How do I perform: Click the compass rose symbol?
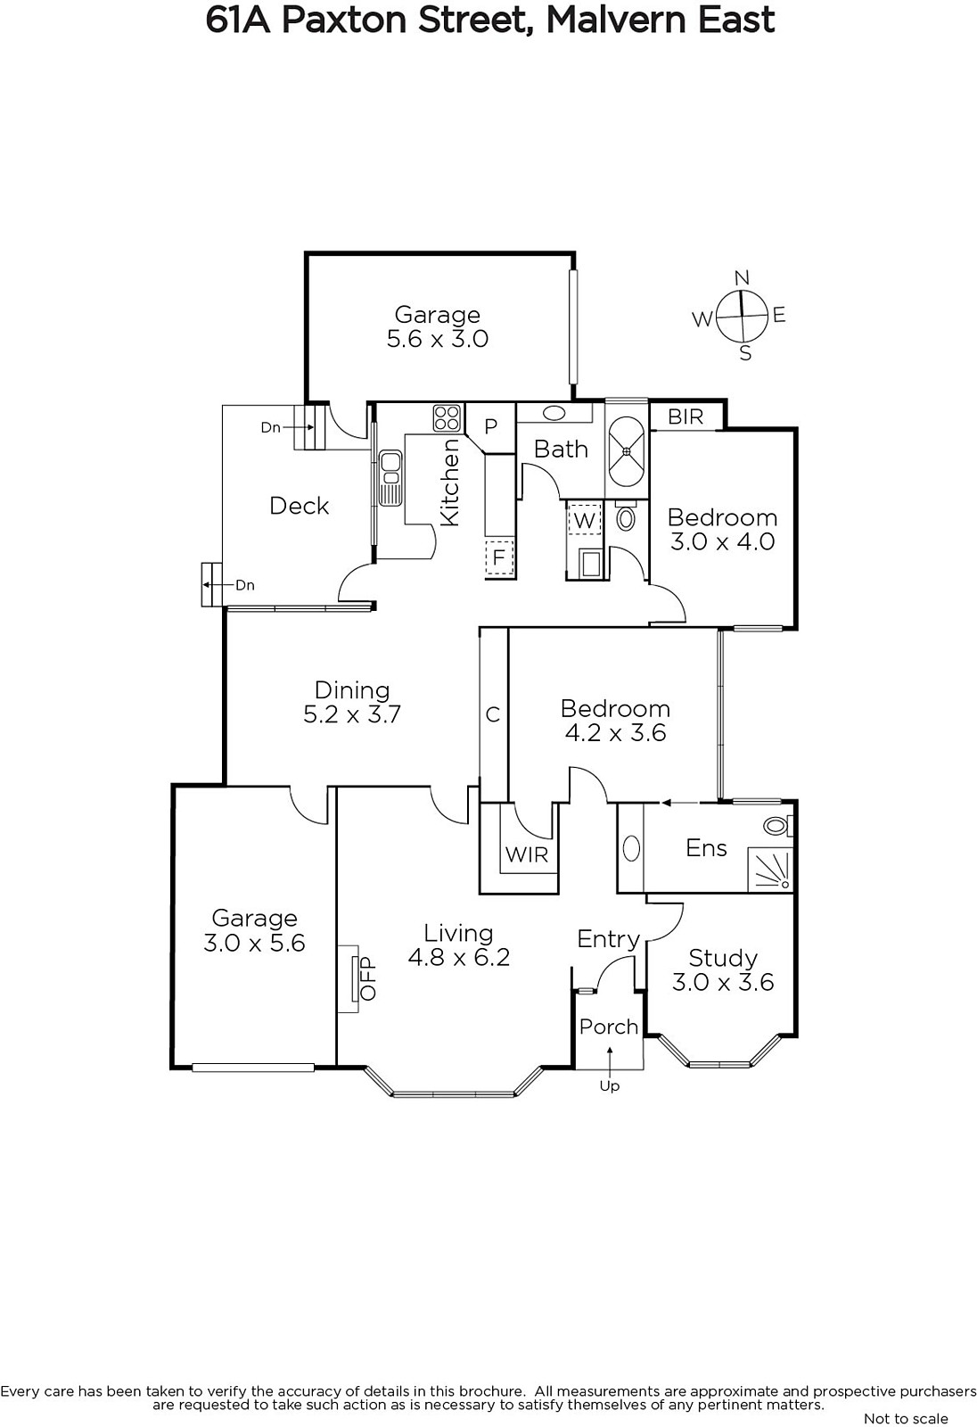pyautogui.click(x=742, y=316)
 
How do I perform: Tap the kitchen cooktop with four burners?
pyautogui.click(x=447, y=418)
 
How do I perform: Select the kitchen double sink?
pyautogui.click(x=390, y=478)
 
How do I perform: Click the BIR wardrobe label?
pyautogui.click(x=686, y=417)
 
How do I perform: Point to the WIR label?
pyautogui.click(x=527, y=854)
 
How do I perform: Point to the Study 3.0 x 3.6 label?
pyautogui.click(x=723, y=970)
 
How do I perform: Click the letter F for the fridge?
pyautogui.click(x=499, y=557)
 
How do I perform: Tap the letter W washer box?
pyautogui.click(x=583, y=520)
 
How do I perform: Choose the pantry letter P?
pyautogui.click(x=490, y=426)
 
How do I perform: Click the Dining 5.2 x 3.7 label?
pyautogui.click(x=352, y=702)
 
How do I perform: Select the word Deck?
pyautogui.click(x=300, y=506)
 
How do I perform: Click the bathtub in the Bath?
pyautogui.click(x=627, y=451)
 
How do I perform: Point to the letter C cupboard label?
pyautogui.click(x=492, y=714)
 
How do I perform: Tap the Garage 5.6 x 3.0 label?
pyautogui.click(x=438, y=326)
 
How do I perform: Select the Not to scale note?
pyautogui.click(x=906, y=1418)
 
